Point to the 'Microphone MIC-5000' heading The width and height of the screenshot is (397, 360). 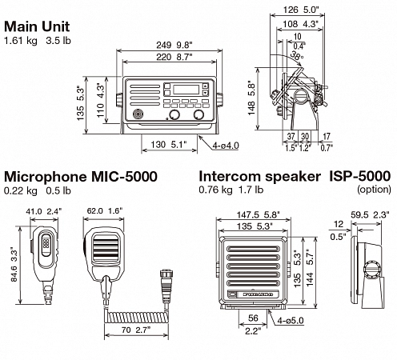click(80, 177)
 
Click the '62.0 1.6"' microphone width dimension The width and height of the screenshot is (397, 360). click(104, 212)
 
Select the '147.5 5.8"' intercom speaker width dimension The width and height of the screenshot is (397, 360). click(253, 215)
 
